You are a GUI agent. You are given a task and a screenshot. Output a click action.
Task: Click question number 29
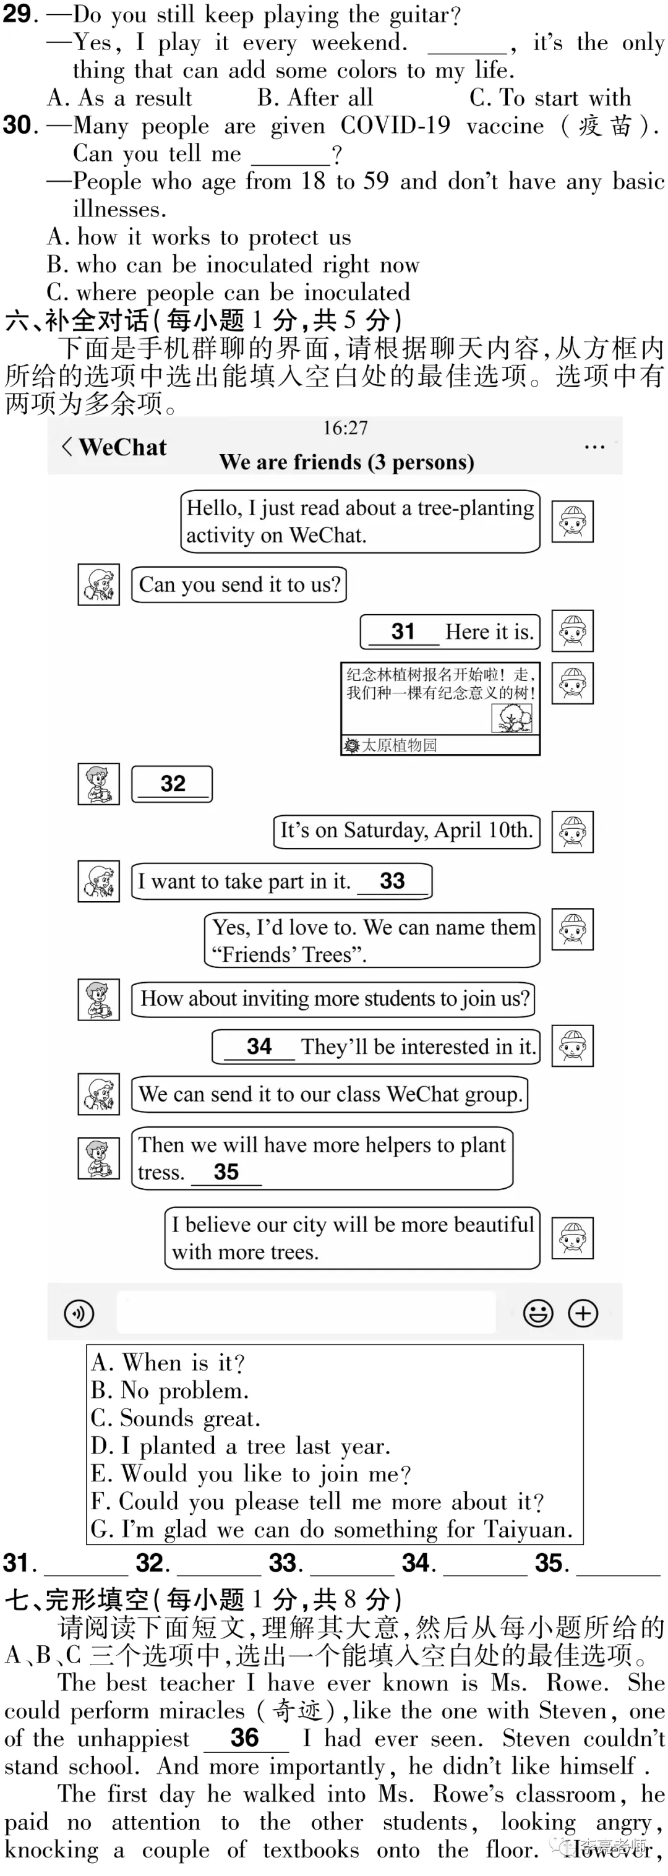click(20, 14)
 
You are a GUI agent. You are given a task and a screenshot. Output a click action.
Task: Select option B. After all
click(315, 98)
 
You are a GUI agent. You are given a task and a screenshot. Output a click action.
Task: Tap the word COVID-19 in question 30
click(396, 126)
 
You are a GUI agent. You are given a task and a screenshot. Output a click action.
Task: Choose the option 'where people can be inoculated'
click(228, 293)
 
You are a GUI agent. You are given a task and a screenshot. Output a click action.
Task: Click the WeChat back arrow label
click(114, 447)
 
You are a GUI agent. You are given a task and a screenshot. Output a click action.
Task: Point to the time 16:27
click(345, 428)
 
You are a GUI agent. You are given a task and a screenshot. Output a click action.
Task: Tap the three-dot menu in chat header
click(594, 447)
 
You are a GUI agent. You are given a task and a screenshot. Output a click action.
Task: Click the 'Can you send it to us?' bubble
click(239, 585)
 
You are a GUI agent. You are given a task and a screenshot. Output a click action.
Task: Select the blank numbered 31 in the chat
click(403, 632)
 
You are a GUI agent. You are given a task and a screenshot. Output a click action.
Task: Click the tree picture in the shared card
click(512, 719)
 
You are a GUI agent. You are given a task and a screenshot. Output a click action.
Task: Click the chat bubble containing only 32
click(172, 784)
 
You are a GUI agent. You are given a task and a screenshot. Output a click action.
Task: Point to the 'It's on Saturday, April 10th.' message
click(406, 831)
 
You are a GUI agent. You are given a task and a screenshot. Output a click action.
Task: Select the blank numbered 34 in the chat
click(259, 1047)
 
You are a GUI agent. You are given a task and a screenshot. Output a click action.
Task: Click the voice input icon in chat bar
click(79, 1313)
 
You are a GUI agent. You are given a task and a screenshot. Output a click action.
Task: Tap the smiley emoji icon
click(537, 1313)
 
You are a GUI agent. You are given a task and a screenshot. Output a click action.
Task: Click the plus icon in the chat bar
click(583, 1313)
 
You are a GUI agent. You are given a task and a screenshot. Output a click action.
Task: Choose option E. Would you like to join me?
click(250, 1474)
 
